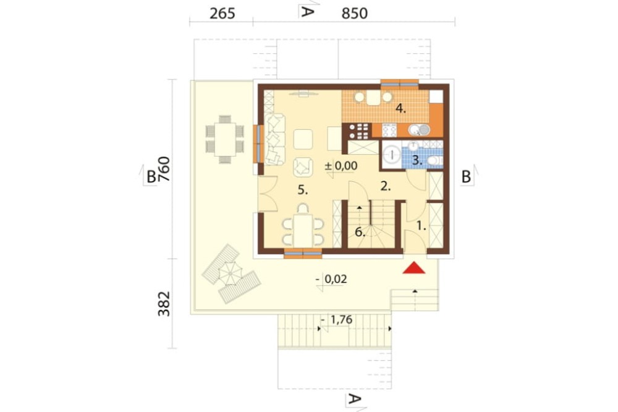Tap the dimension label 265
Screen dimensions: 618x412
point(222,14)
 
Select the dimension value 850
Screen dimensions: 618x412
point(354,14)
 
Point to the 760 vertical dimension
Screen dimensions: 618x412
point(164,169)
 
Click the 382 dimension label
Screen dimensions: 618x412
point(164,304)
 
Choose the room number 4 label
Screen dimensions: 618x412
point(401,108)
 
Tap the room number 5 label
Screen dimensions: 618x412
point(302,190)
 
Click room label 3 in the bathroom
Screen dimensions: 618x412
point(417,161)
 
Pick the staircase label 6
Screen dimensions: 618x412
point(360,232)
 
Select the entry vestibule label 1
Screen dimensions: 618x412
point(421,226)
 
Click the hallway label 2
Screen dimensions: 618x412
point(386,187)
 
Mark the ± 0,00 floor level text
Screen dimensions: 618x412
point(341,166)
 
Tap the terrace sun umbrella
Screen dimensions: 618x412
point(230,273)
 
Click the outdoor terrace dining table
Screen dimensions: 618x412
point(225,139)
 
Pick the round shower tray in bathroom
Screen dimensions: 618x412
point(392,155)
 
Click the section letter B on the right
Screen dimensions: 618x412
point(466,177)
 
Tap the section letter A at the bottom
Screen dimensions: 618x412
point(354,400)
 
